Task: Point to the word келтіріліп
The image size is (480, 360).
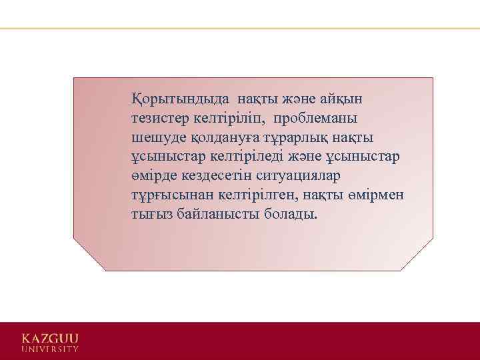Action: point(227,119)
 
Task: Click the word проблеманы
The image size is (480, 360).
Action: point(314,119)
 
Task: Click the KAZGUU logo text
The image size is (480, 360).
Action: point(49,337)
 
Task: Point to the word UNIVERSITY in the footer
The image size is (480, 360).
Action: point(49,349)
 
